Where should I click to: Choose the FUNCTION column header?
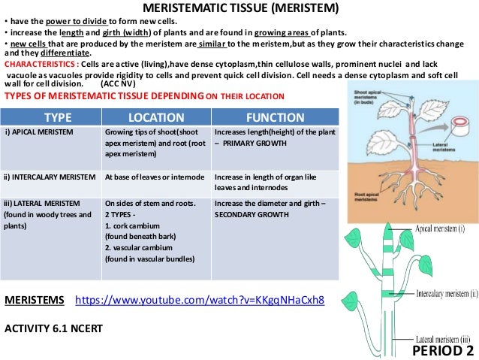[275, 118]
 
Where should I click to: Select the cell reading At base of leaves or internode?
[155, 177]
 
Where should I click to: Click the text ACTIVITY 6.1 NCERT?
[53, 328]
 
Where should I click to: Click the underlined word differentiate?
[64, 53]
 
